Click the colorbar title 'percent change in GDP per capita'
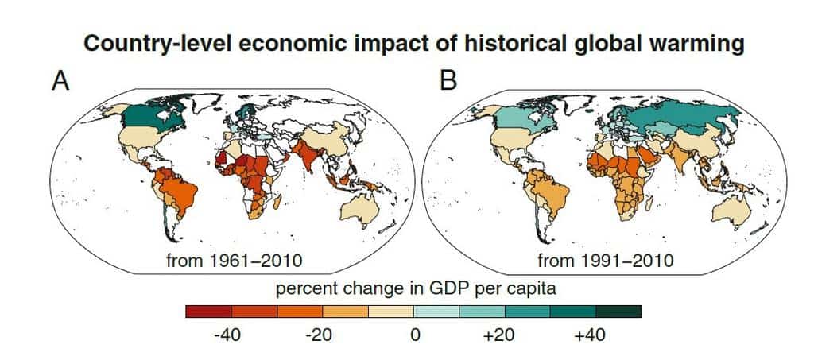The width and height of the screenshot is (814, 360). [413, 288]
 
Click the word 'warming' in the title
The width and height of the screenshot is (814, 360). [697, 45]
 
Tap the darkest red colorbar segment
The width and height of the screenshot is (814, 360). [208, 312]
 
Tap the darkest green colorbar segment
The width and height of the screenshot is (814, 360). [618, 312]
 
